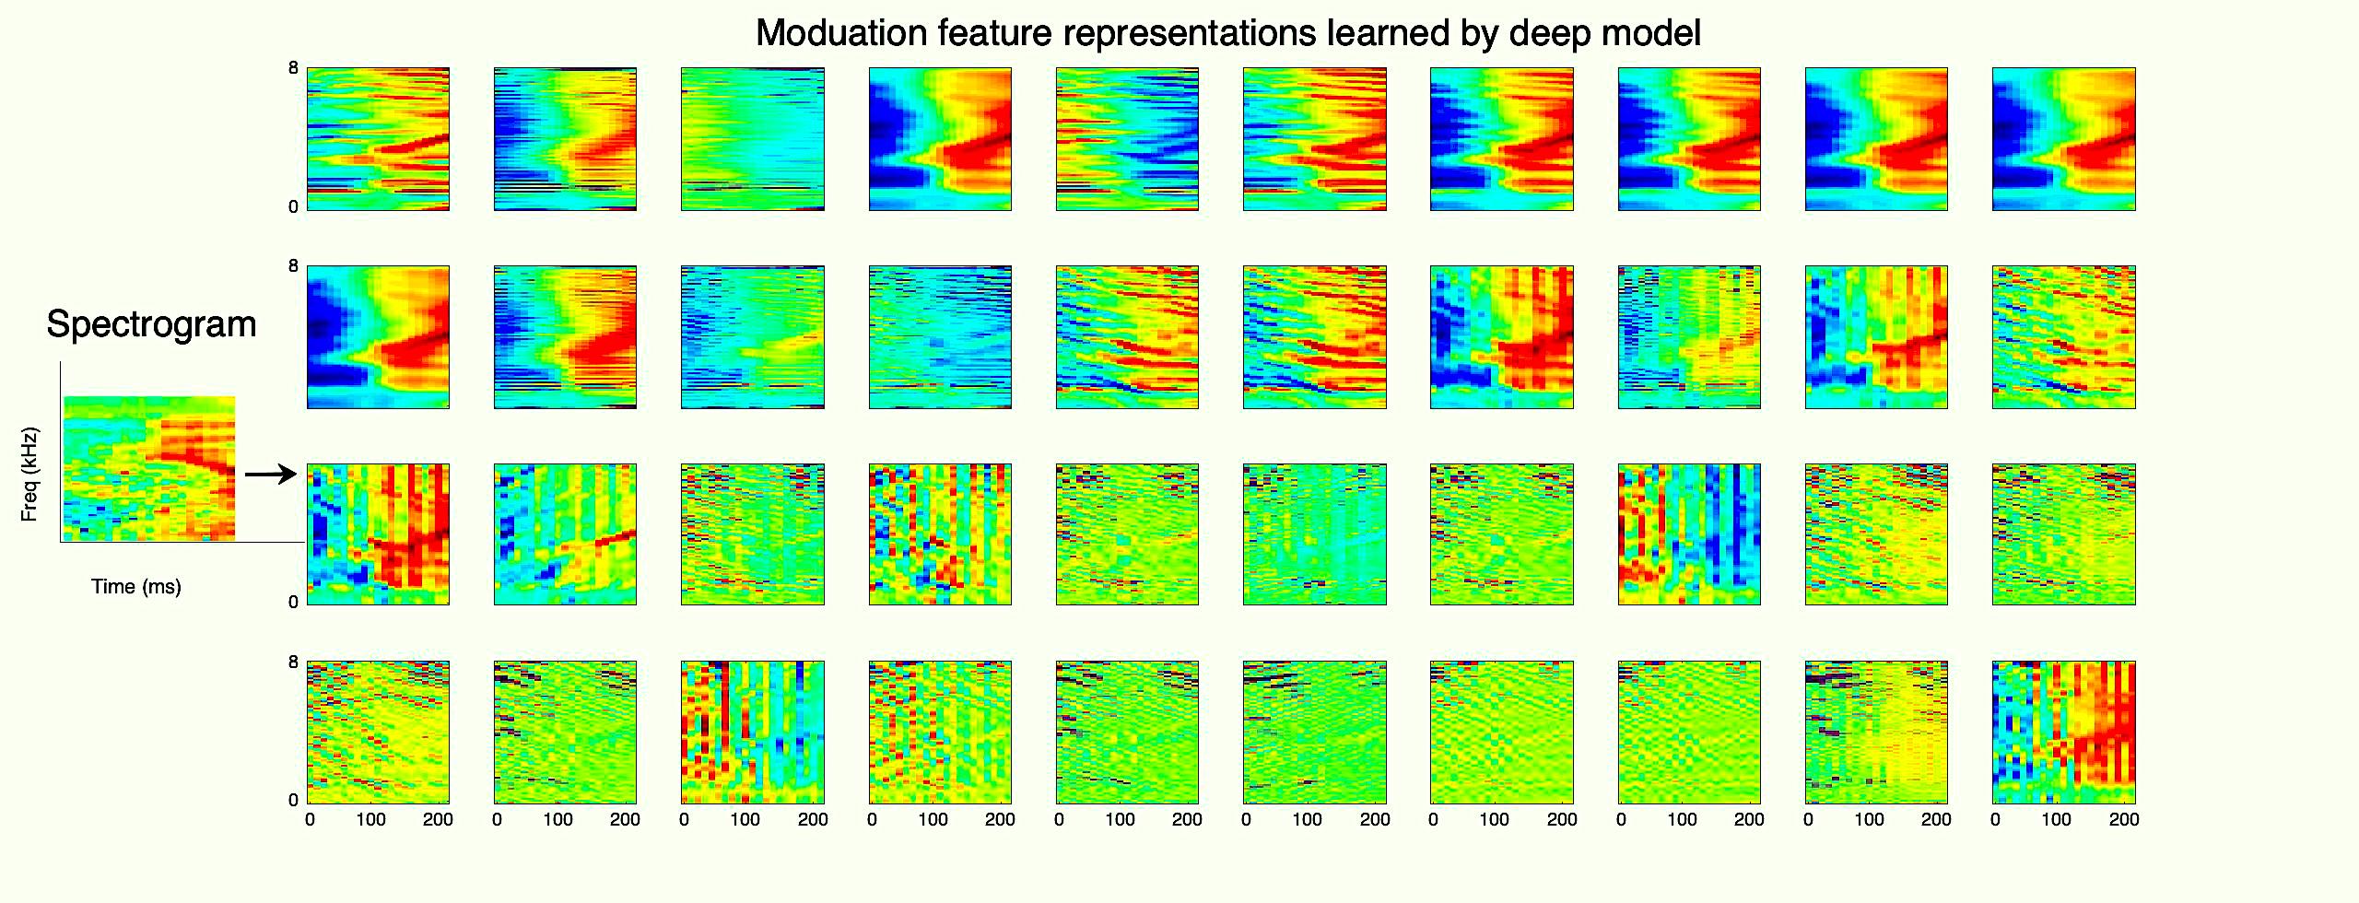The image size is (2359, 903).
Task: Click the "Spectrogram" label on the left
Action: (151, 324)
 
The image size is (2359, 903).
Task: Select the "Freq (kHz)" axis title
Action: (29, 474)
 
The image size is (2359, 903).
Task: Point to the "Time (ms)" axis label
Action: (136, 587)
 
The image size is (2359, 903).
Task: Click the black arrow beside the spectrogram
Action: (271, 475)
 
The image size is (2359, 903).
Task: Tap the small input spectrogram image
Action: (149, 468)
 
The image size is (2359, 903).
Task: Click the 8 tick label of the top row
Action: (293, 68)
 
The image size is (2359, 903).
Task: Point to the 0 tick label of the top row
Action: (293, 207)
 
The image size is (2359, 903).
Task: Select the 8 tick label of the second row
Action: (293, 266)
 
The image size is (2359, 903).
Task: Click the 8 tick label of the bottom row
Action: (293, 662)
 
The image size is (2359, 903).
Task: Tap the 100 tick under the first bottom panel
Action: (370, 819)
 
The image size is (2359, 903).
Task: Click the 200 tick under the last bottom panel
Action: (2124, 819)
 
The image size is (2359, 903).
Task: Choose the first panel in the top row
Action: (378, 139)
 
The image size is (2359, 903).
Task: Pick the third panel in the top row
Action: (753, 139)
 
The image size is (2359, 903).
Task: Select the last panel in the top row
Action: (2063, 139)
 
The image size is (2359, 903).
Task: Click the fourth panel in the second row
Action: (940, 337)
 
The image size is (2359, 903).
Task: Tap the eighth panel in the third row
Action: (1689, 534)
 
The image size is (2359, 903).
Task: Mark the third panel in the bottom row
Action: (753, 733)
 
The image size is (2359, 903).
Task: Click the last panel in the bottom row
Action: (2063, 733)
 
